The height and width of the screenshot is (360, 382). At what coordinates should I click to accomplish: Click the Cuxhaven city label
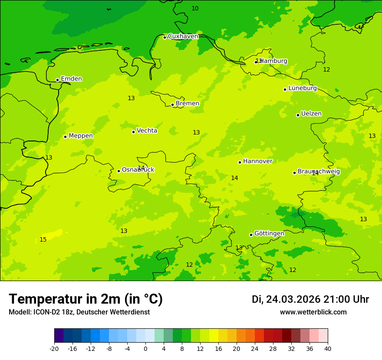[x=183, y=36]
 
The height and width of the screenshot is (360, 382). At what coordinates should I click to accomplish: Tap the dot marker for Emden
[x=57, y=80]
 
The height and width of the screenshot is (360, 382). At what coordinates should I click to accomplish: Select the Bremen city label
[x=188, y=104]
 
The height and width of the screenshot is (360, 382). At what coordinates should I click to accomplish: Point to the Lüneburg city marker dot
[x=285, y=89]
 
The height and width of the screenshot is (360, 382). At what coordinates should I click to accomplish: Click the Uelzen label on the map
[x=311, y=114]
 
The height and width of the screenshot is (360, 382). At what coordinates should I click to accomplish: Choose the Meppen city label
[x=81, y=136]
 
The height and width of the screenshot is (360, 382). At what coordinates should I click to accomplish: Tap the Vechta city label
[x=147, y=131]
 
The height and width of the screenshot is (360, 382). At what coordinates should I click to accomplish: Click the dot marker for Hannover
[x=240, y=162]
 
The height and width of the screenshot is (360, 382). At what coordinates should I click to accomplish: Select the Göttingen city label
[x=269, y=233]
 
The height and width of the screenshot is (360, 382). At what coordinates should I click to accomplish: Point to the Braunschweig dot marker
[x=294, y=173]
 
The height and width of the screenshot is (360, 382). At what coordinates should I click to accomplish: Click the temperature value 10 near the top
[x=195, y=9]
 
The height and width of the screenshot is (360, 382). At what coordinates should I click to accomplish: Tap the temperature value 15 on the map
[x=43, y=240]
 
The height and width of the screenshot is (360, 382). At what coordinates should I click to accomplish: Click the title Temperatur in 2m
[x=86, y=299]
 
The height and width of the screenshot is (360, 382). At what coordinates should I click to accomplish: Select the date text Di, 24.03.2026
[x=286, y=300]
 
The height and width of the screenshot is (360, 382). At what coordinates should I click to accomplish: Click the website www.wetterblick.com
[x=313, y=312]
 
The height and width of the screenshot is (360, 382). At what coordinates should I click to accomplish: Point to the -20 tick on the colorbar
[x=54, y=348]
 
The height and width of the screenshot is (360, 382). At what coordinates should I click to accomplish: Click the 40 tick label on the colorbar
[x=328, y=348]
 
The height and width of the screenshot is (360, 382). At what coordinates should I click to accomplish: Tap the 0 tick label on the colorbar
[x=145, y=348]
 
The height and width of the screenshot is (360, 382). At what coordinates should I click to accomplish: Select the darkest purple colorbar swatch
[x=59, y=336]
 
